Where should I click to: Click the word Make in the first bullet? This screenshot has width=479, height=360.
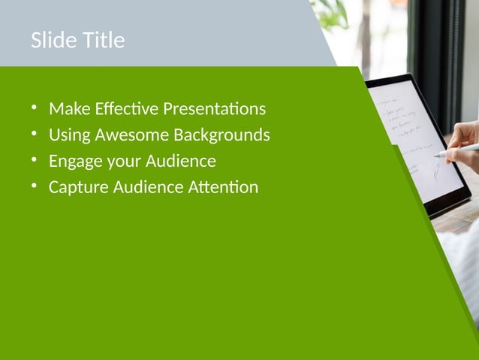coord(67,109)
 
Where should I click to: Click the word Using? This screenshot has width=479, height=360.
coord(68,135)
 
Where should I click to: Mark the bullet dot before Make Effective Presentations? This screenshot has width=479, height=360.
coord(34,108)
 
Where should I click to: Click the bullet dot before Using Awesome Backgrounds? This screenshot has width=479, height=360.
coord(34,135)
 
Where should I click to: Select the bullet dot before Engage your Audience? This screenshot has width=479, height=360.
coord(34,160)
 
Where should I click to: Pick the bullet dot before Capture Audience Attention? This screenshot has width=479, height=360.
coord(34,186)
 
